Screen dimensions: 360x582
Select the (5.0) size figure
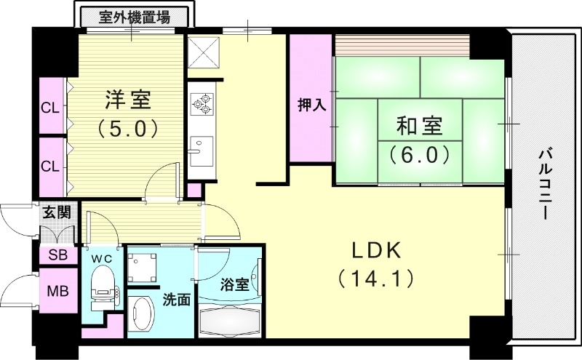[x=127, y=129]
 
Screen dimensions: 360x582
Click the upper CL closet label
[x=49, y=109]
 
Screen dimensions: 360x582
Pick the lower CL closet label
[x=49, y=165]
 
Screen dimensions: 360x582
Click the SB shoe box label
[x=56, y=255]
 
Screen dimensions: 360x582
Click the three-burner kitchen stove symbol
[x=202, y=104]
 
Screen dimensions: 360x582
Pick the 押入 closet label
[x=311, y=104]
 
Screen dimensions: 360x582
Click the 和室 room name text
[x=419, y=126]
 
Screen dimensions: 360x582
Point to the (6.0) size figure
[x=419, y=154]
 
